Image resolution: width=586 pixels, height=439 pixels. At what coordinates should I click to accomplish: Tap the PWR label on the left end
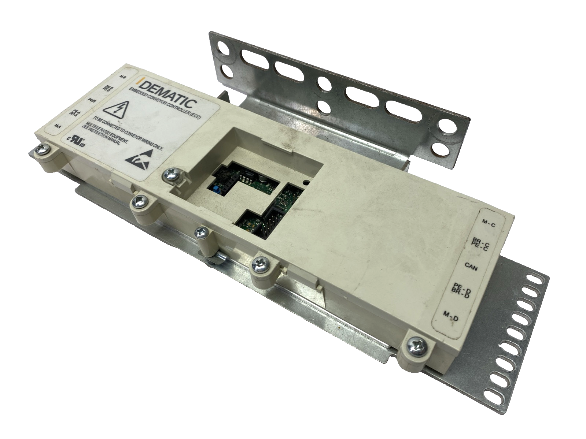tap(92, 99)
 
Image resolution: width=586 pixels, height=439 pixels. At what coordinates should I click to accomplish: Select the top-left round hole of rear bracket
tap(224, 47)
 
